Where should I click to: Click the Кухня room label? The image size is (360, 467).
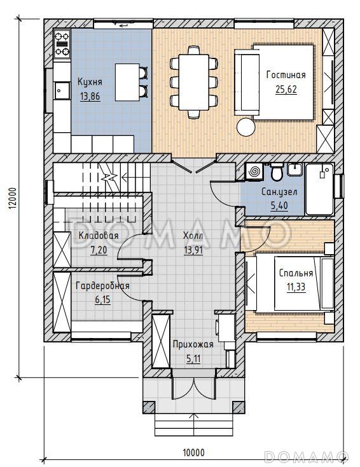tap(90, 82)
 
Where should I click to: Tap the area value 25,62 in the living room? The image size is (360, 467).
tap(286, 90)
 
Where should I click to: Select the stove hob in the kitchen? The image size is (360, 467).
tap(62, 44)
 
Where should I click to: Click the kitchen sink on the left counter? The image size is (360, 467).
tap(62, 90)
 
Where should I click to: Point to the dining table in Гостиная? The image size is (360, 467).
tap(193, 82)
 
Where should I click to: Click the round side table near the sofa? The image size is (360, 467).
tap(246, 127)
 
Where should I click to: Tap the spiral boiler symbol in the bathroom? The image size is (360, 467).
tap(254, 172)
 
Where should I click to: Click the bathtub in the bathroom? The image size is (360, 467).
tap(319, 189)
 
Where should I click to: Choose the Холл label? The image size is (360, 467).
tap(193, 236)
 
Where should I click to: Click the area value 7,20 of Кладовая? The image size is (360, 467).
tap(99, 250)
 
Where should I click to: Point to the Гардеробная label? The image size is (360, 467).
tap(102, 286)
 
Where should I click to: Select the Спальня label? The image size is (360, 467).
tap(296, 273)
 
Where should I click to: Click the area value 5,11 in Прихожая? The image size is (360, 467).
tap(193, 359)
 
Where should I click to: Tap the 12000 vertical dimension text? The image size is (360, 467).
tap(11, 198)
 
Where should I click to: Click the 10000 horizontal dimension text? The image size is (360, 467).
tap(193, 452)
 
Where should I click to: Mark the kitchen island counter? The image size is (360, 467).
tap(127, 82)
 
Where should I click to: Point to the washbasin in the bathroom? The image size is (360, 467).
tap(294, 170)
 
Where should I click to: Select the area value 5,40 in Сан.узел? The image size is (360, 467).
tap(279, 206)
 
